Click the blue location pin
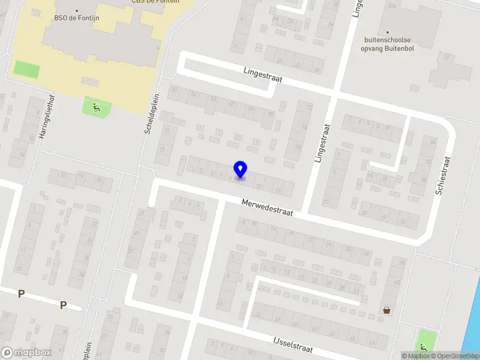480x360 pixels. (x=240, y=169)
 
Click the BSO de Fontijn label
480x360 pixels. (x=76, y=18)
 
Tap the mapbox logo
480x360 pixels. (x=26, y=353)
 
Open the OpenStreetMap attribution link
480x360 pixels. (x=455, y=356)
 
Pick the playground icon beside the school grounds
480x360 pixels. (x=96, y=108)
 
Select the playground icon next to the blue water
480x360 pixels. (x=425, y=346)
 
